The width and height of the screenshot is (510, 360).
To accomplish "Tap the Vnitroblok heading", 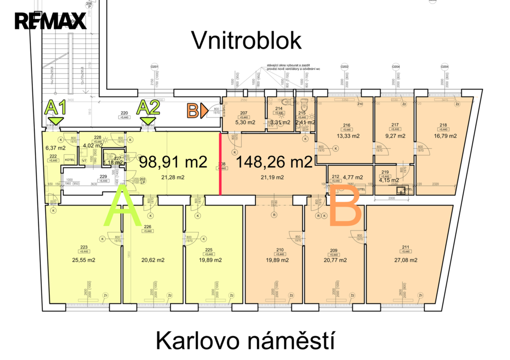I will pyautogui.click(x=247, y=41).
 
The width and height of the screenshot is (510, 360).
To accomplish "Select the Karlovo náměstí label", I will pyautogui.click(x=244, y=342).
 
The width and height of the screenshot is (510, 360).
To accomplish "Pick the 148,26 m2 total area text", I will pyautogui.click(x=274, y=162).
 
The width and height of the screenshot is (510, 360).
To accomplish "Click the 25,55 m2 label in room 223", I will pyautogui.click(x=84, y=260).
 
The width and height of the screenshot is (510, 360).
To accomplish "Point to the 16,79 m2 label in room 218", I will pyautogui.click(x=444, y=136).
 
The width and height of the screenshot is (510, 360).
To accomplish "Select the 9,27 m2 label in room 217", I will pyautogui.click(x=395, y=136).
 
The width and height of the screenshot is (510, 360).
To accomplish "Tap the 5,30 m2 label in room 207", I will pyautogui.click(x=244, y=122).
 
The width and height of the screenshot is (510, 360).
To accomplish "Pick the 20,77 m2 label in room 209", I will pyautogui.click(x=335, y=260).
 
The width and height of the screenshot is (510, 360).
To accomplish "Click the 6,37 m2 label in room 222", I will pyautogui.click(x=55, y=148).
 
